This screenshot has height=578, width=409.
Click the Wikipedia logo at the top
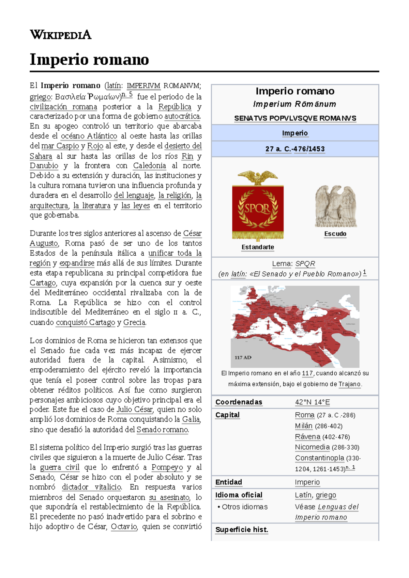point(60,35)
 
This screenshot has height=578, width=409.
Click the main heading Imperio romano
point(89,60)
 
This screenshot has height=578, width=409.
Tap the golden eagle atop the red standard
point(258,177)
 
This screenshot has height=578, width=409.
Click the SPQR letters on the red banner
point(258,208)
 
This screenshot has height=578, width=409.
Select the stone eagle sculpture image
point(335,206)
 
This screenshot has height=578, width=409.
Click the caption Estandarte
point(258,247)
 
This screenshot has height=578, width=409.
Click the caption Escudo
point(335,234)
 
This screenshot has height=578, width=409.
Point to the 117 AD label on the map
point(243,357)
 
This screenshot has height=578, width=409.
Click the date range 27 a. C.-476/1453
point(295,149)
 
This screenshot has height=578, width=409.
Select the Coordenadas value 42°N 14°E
point(312,402)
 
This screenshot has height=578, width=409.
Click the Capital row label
point(227,415)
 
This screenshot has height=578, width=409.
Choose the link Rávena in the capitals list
point(307,437)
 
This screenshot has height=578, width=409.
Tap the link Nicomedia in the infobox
point(312,447)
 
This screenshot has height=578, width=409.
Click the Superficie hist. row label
point(242,530)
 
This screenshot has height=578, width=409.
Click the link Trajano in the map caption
point(349,384)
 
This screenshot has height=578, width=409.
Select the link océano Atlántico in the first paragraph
point(89,136)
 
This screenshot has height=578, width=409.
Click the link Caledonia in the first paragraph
point(149,166)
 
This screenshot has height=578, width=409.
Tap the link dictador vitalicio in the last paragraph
point(91,487)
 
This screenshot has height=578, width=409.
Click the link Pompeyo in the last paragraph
point(167,467)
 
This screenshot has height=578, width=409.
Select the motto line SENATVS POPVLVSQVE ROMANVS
point(295,118)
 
